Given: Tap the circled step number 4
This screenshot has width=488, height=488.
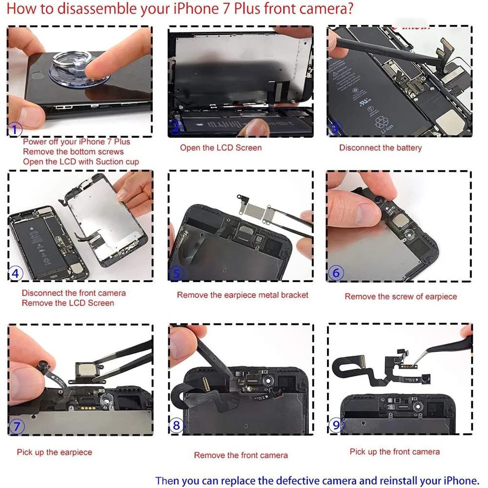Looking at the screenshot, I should (16, 273).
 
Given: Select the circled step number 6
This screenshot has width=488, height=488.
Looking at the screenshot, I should (336, 273).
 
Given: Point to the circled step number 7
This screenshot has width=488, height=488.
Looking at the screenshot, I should (17, 426).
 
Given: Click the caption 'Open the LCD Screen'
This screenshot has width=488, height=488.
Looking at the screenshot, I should (221, 148).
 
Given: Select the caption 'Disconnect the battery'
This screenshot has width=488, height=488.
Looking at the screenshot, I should (380, 148).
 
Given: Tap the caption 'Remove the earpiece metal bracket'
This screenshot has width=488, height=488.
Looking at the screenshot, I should (243, 295).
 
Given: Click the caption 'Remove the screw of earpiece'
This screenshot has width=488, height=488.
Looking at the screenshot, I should (401, 296).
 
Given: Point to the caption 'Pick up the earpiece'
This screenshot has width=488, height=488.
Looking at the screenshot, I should (54, 452).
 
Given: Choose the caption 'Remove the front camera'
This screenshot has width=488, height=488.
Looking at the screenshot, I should (241, 455).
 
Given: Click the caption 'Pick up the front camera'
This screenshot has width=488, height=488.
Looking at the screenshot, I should (394, 452).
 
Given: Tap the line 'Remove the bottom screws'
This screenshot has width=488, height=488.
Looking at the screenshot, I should (73, 152).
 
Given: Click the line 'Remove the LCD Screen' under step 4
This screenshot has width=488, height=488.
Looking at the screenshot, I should (68, 303).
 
